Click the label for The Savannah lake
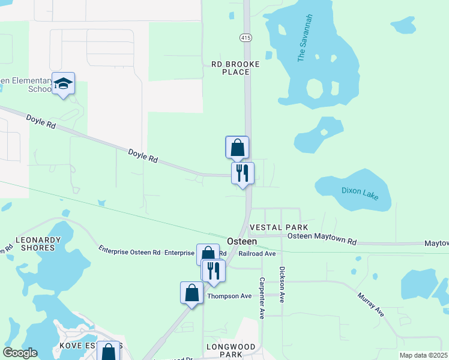click(306, 38)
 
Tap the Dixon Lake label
click(360, 193)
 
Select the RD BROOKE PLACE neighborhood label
click(235, 68)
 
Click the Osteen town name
click(242, 241)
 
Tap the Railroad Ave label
click(257, 254)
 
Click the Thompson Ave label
click(229, 296)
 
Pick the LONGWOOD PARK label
click(231, 351)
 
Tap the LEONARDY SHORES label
click(38, 244)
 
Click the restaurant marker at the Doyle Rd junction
click(243, 173)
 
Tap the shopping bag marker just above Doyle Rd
click(237, 147)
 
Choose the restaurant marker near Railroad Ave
click(212, 271)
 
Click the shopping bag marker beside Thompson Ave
click(192, 293)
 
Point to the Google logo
click(20, 353)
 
